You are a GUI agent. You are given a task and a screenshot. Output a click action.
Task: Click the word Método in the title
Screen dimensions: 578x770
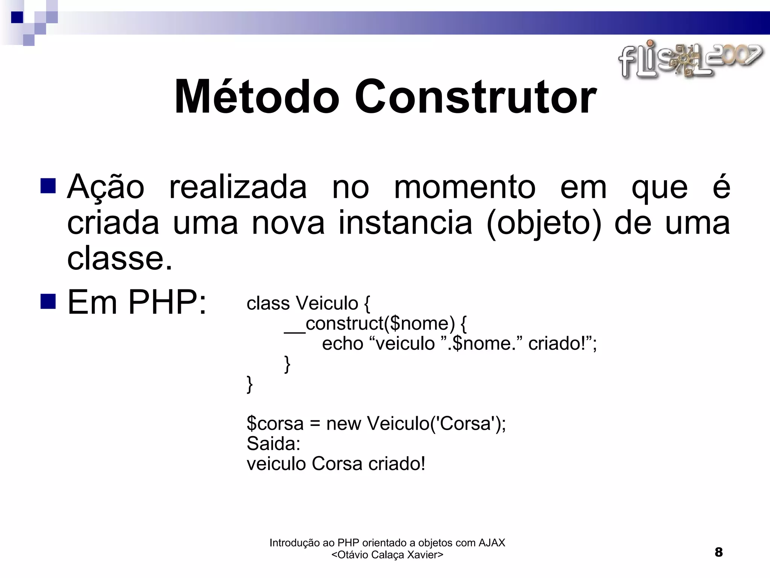click(257, 97)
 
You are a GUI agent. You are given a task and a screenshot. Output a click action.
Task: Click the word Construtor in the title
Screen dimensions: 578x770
click(475, 97)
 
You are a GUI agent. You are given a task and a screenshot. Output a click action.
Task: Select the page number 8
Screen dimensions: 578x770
click(718, 552)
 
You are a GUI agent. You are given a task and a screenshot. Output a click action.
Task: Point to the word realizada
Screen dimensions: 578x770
click(238, 187)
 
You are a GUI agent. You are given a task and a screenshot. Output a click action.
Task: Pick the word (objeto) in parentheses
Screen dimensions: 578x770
click(544, 223)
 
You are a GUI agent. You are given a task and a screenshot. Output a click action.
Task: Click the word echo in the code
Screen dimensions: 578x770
click(342, 344)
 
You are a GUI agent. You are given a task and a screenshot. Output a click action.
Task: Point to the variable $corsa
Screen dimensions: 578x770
click(275, 423)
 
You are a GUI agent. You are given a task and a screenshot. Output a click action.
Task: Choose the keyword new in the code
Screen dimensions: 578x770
click(344, 423)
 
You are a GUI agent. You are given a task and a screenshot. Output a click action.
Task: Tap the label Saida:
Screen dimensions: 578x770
click(273, 443)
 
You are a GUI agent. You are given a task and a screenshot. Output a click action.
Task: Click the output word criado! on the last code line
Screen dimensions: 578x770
click(397, 464)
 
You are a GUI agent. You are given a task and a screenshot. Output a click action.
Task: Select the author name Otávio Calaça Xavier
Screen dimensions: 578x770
click(387, 555)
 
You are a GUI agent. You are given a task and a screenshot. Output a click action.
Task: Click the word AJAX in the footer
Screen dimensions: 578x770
click(491, 543)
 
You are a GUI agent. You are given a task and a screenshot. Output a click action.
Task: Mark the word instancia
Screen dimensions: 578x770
click(405, 223)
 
